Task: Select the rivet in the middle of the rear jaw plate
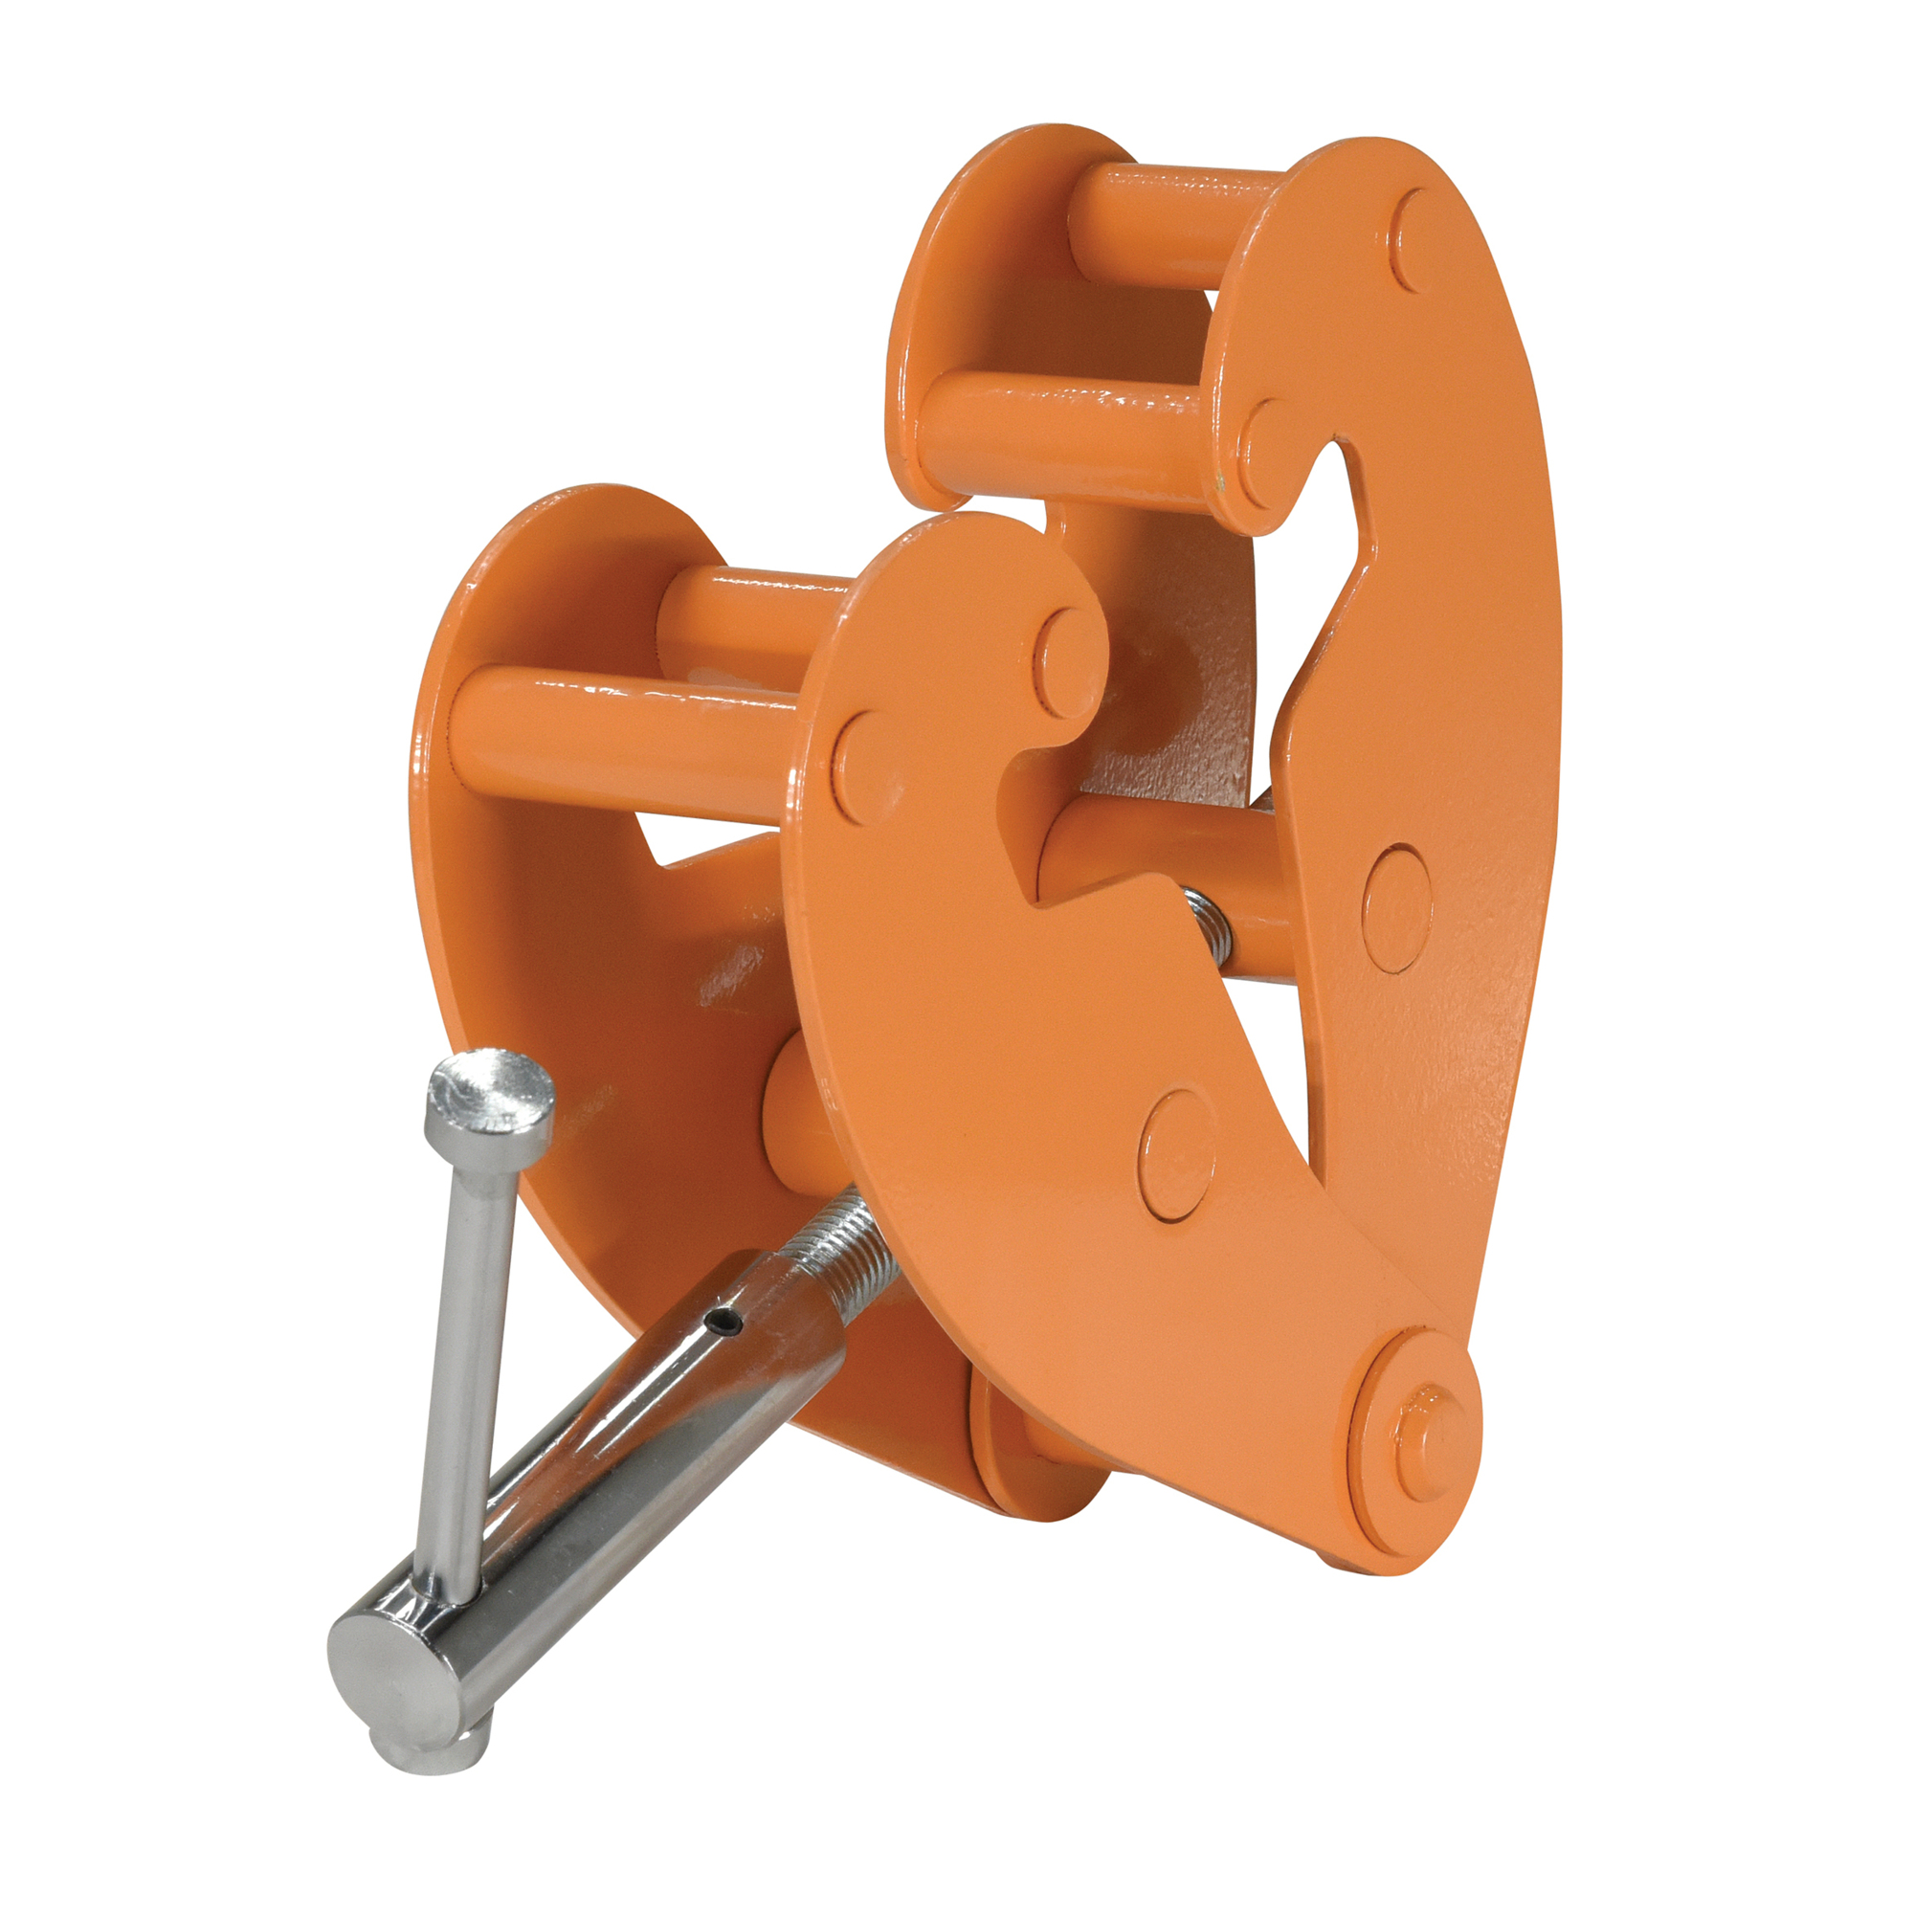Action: point(1397,907)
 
